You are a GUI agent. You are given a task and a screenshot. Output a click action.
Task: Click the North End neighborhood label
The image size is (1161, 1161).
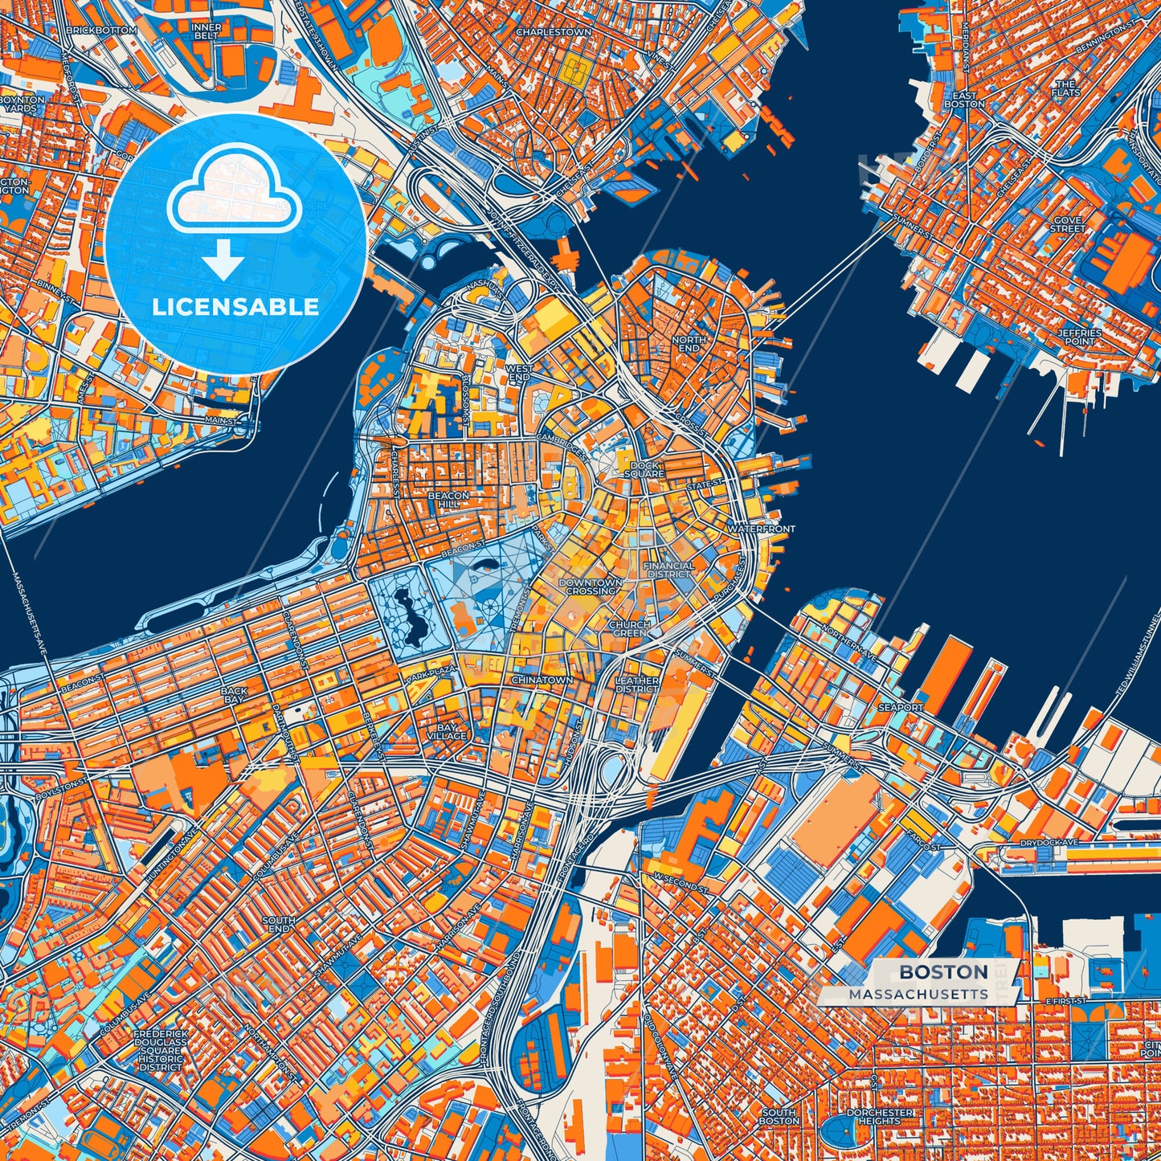[x=689, y=344]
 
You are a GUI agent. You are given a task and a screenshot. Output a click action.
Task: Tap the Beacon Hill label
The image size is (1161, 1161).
[x=448, y=501]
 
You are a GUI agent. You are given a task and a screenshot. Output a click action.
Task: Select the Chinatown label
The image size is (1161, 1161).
[x=543, y=680]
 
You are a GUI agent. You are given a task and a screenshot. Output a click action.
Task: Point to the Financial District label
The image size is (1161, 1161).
[x=668, y=570]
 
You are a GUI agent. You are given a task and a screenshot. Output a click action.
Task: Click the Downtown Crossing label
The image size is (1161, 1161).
[x=591, y=587]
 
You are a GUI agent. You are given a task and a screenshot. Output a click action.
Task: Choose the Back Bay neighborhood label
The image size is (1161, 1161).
[x=234, y=695]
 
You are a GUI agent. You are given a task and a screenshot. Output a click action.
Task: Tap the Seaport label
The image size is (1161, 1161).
[x=901, y=707]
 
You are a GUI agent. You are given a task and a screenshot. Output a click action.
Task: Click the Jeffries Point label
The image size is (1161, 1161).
[x=1080, y=337]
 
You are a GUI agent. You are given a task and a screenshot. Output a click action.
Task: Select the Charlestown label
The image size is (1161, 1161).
[x=554, y=32]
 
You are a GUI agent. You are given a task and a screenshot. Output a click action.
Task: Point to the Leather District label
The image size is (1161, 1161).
[x=637, y=685]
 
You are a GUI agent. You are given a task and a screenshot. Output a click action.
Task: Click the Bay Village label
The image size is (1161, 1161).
[x=447, y=731]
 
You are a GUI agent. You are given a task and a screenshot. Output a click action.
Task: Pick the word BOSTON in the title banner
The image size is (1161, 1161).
[x=943, y=971]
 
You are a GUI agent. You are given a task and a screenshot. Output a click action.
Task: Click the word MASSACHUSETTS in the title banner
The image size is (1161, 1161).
[x=918, y=994]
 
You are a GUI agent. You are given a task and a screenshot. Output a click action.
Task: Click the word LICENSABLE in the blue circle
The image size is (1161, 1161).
[x=235, y=306]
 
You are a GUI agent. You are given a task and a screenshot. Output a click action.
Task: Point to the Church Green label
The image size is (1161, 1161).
[x=629, y=628]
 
